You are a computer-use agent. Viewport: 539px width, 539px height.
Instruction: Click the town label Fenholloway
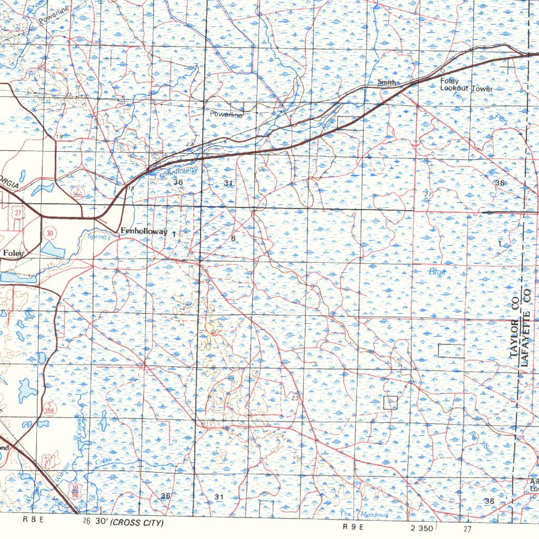point(144,232)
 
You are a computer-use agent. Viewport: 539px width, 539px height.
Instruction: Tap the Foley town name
point(14,253)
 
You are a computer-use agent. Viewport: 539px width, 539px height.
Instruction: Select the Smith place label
point(386,82)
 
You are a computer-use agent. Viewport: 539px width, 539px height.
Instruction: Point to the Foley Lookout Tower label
point(466,85)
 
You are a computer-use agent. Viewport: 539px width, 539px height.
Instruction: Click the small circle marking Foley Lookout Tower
point(442,70)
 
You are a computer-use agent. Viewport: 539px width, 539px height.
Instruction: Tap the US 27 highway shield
point(18,213)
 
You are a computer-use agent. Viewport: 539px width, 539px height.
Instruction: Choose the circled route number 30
point(50,233)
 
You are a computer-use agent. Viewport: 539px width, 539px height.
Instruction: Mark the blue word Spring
point(97,237)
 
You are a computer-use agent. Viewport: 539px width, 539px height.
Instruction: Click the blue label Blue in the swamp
point(437,272)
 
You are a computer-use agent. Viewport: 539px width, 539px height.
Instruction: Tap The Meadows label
point(364,514)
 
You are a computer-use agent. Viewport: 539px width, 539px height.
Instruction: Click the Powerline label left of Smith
point(226,114)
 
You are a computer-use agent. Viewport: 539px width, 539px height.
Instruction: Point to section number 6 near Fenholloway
point(233,238)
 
